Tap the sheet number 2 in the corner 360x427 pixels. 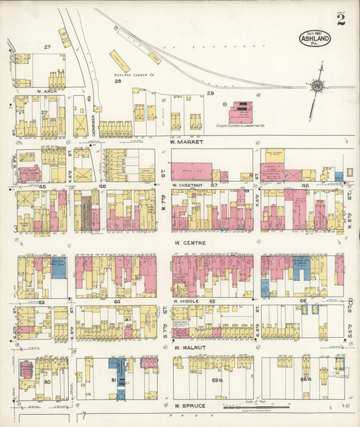click(x=341, y=20)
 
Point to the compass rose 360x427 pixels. click(x=315, y=86)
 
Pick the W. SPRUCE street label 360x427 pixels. click(x=188, y=405)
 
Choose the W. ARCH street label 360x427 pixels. click(x=46, y=91)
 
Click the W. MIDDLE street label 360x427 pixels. click(x=184, y=301)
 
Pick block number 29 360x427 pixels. click(x=210, y=93)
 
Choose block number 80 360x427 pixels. click(x=47, y=382)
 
